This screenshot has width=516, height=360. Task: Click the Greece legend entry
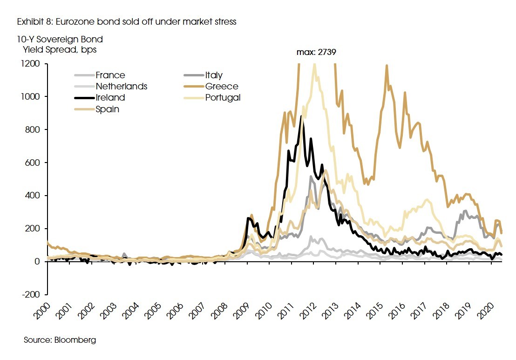pos(221,86)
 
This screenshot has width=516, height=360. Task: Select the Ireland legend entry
pos(110,97)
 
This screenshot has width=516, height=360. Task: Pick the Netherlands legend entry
pos(121,86)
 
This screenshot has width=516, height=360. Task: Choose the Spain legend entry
pos(107,109)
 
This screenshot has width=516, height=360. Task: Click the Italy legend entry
pos(214,75)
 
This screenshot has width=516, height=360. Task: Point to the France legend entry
pos(110,75)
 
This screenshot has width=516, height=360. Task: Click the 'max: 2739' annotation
pos(316,53)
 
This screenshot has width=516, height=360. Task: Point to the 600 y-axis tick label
pos(37,163)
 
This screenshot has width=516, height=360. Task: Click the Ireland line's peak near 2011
pos(301,116)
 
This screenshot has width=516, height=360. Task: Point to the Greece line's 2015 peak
pos(387,66)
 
